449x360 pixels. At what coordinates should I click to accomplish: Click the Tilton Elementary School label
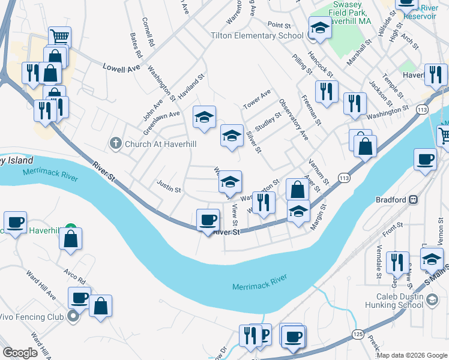257,36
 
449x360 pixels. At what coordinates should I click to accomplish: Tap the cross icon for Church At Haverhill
116,143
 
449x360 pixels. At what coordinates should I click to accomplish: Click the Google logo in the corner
20,352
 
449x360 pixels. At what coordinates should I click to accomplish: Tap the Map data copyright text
412,355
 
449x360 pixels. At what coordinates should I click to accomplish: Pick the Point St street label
279,26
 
